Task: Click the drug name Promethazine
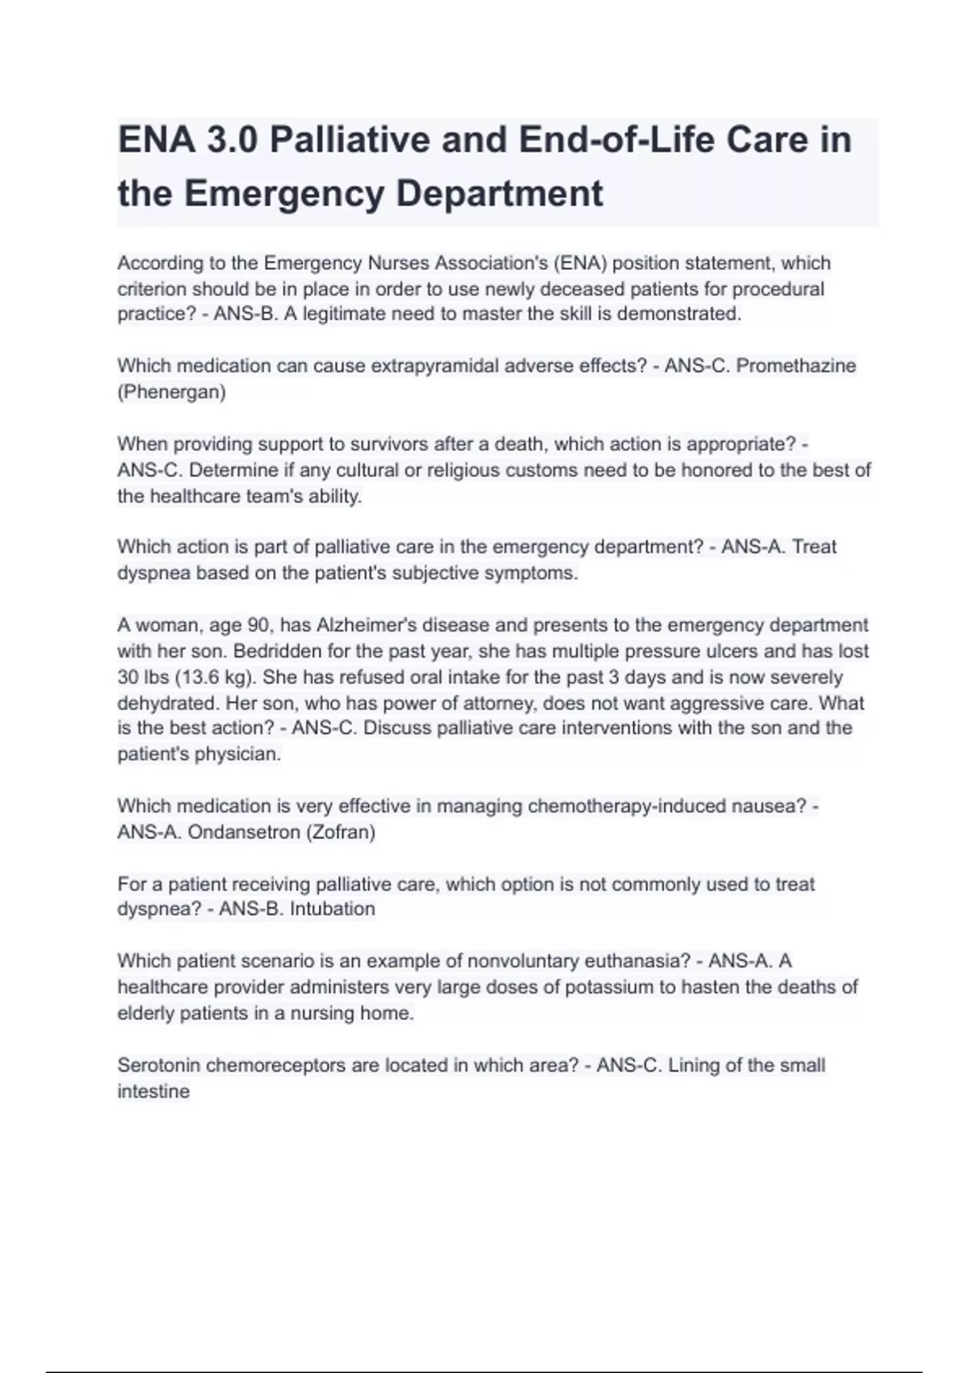tap(796, 366)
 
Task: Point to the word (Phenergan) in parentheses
tap(171, 393)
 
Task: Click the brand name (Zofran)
tap(340, 832)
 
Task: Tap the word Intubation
tap(333, 909)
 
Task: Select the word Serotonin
tap(159, 1065)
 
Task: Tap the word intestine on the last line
tap(153, 1091)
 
